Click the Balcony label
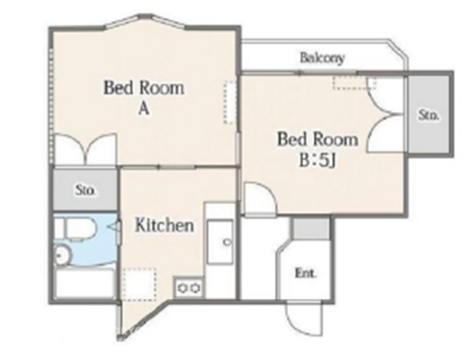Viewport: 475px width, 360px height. pyautogui.click(x=322, y=58)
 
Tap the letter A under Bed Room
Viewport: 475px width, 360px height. pyautogui.click(x=144, y=108)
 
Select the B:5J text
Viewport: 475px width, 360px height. pyautogui.click(x=317, y=160)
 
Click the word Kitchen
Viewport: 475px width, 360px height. pyautogui.click(x=164, y=225)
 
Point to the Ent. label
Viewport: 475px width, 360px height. pyautogui.click(x=306, y=274)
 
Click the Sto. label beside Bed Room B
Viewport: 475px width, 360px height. pyautogui.click(x=428, y=115)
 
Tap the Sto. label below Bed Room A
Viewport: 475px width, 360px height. pyautogui.click(x=85, y=191)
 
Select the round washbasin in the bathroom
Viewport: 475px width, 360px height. pyautogui.click(x=63, y=255)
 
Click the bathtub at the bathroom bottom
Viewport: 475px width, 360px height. pyautogui.click(x=85, y=283)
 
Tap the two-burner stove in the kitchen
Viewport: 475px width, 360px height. pyautogui.click(x=189, y=287)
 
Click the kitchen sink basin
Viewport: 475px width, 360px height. pyautogui.click(x=220, y=242)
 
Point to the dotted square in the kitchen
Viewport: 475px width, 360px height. pyautogui.click(x=139, y=284)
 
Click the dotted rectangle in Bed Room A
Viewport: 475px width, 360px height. pyautogui.click(x=230, y=102)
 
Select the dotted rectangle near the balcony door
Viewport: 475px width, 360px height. pyautogui.click(x=354, y=82)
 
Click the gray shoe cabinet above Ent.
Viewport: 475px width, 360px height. pyautogui.click(x=310, y=228)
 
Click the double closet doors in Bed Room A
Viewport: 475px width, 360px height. pyautogui.click(x=86, y=150)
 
